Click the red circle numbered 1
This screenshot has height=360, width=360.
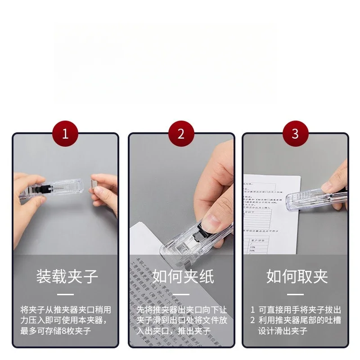[x=65, y=134]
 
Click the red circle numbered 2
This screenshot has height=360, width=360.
[x=181, y=134]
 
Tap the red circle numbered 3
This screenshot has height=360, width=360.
[x=295, y=134]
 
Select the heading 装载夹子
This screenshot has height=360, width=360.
[x=67, y=276]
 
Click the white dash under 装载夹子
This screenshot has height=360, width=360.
[x=67, y=294]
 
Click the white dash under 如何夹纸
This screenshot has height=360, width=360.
[x=182, y=294]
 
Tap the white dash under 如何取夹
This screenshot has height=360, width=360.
[x=296, y=294]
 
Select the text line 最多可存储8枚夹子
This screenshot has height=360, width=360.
[x=56, y=331]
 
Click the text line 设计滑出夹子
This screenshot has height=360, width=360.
[x=283, y=331]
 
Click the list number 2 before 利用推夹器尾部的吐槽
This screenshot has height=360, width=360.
[x=253, y=321]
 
